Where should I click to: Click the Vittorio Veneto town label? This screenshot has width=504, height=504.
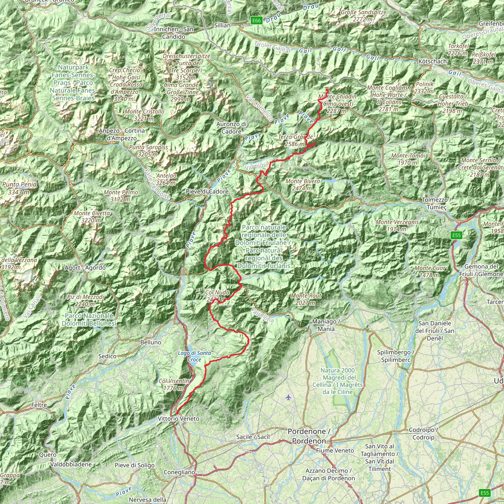(x=178, y=419)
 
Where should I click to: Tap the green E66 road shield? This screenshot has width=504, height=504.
(x=256, y=21)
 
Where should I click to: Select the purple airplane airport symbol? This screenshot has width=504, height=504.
(x=288, y=397)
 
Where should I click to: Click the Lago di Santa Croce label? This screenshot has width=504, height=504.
(x=194, y=356)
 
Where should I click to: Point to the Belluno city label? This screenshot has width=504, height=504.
(x=151, y=342)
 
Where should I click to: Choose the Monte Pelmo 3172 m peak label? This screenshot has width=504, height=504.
(x=121, y=196)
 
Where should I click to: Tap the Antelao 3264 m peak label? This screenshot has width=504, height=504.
(x=166, y=179)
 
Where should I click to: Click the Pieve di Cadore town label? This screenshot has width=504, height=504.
(x=207, y=191)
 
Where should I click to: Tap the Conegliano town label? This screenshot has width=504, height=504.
(x=179, y=472)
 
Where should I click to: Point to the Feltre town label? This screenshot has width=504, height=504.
(x=39, y=405)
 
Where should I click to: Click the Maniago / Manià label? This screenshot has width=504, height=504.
(x=326, y=325)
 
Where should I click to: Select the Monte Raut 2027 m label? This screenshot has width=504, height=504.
(x=306, y=299)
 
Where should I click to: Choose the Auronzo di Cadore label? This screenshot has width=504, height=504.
(x=231, y=128)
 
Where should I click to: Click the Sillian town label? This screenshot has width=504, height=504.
(x=222, y=25)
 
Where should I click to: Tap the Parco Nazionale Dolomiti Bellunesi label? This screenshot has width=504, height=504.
(x=89, y=320)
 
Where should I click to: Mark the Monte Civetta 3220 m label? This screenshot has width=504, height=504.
(x=92, y=217)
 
